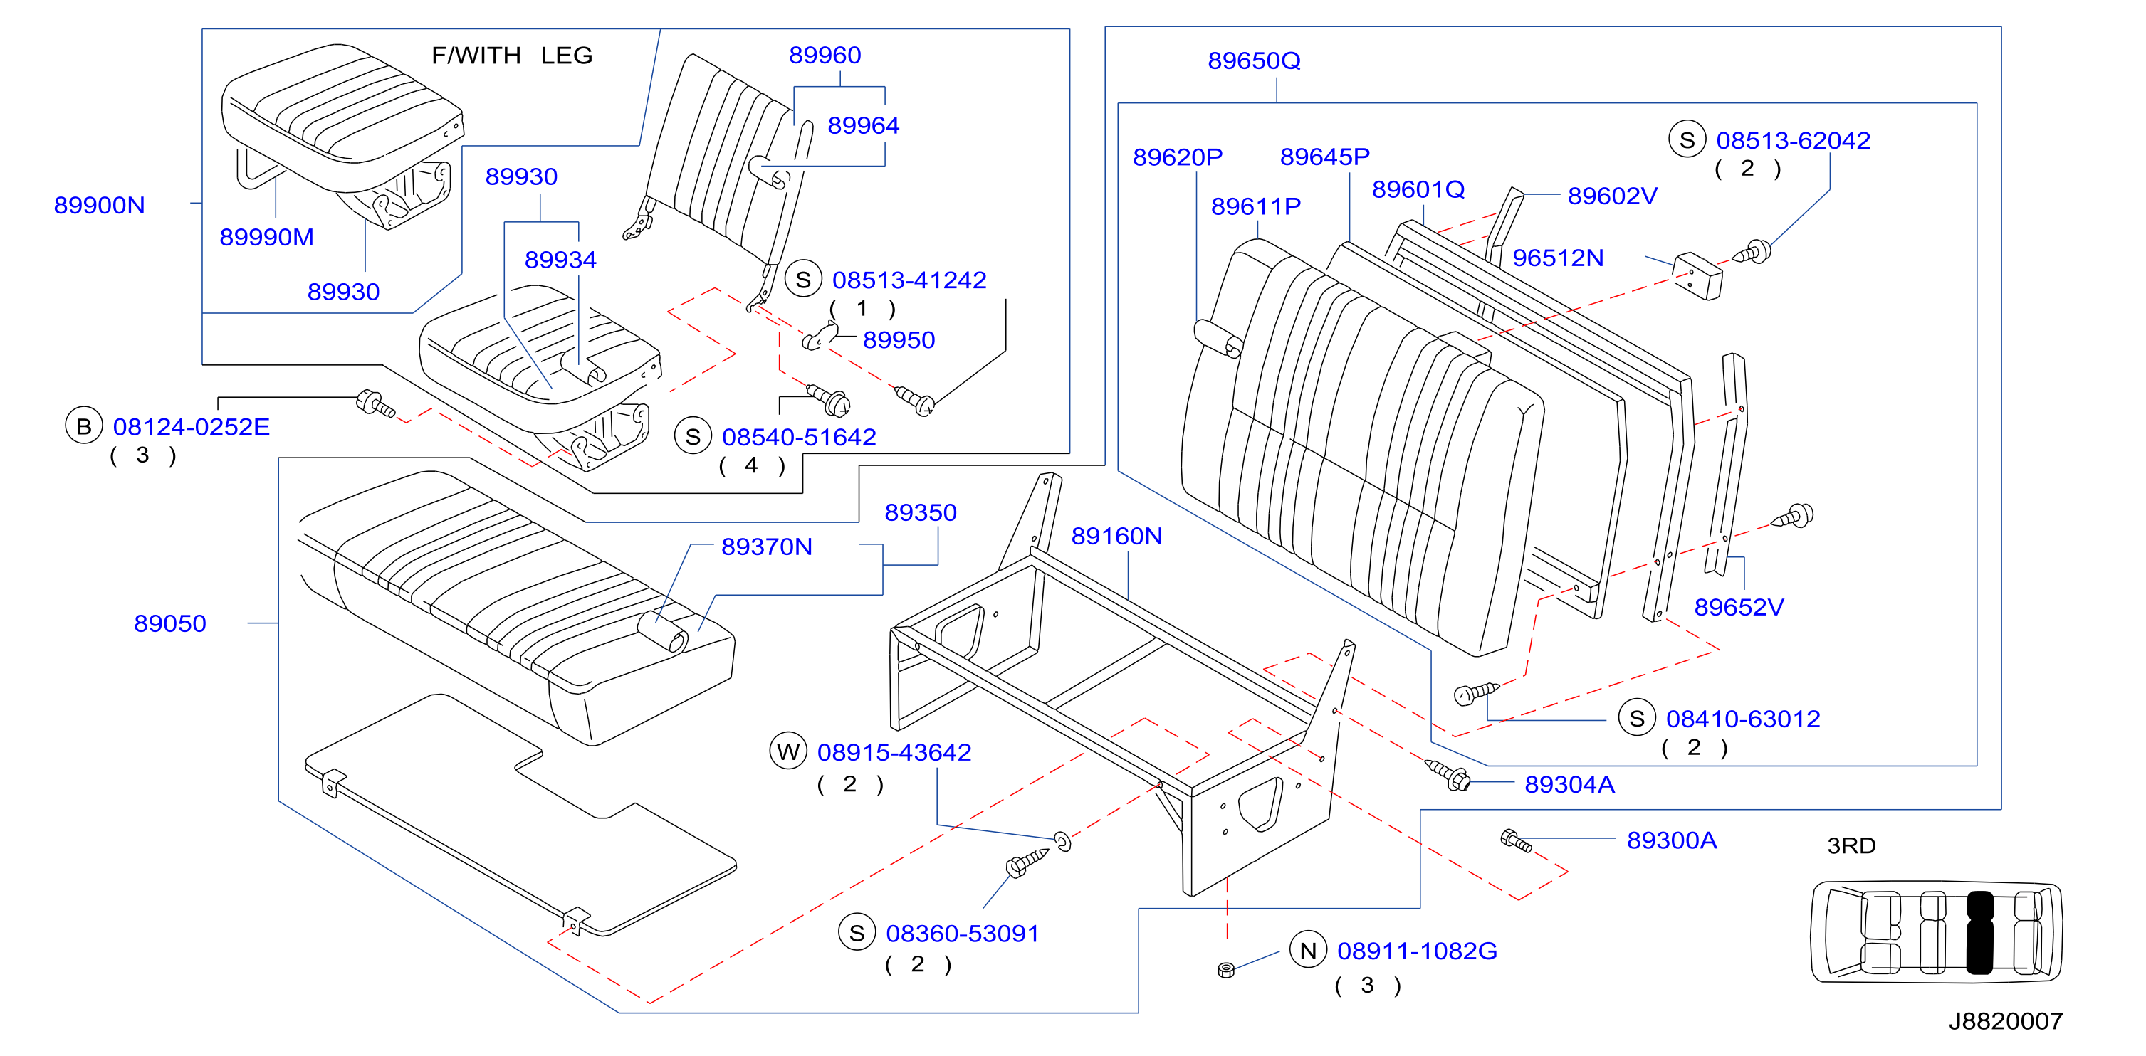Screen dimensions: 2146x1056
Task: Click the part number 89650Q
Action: [1254, 60]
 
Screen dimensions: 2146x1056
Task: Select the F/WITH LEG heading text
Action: [511, 55]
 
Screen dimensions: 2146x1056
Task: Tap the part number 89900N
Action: [99, 205]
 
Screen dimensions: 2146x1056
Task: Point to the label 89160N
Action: [1116, 536]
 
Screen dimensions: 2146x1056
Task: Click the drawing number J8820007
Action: [2005, 1021]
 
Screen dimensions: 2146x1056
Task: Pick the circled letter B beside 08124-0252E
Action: [83, 426]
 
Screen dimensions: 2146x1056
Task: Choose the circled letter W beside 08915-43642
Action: [788, 752]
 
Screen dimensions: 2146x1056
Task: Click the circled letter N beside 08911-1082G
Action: [1308, 950]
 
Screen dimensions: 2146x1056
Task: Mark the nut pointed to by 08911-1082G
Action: [1225, 969]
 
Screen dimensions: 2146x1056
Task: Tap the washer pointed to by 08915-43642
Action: [1062, 841]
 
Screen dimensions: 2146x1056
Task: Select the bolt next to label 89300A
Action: [1515, 840]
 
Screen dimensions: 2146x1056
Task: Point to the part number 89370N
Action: [766, 547]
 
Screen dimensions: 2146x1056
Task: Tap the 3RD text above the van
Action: [1851, 845]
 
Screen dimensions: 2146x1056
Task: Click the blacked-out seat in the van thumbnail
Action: [1979, 933]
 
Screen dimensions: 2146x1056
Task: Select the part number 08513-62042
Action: [1793, 140]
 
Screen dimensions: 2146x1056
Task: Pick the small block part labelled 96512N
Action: [1697, 275]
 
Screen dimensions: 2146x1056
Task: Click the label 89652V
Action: [1739, 607]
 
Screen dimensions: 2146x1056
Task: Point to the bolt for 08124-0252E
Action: [375, 404]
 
